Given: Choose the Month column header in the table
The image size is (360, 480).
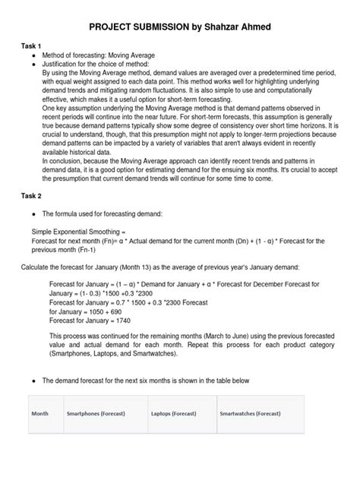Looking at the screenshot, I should [x=39, y=413].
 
